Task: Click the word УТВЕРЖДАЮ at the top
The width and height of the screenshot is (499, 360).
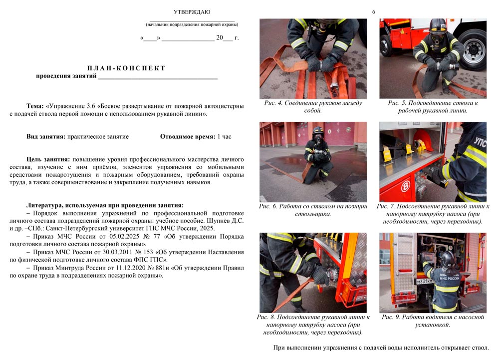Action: point(192,11)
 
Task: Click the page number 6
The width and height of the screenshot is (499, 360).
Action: point(373,11)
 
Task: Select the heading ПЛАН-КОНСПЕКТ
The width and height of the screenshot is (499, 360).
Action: point(126,68)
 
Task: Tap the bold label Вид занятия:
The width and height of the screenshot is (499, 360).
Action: point(46,136)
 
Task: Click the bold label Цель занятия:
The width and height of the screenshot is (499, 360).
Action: point(48,159)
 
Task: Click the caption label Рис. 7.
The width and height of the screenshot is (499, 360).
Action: point(387,206)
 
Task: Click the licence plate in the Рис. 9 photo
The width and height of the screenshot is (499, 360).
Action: point(425,282)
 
